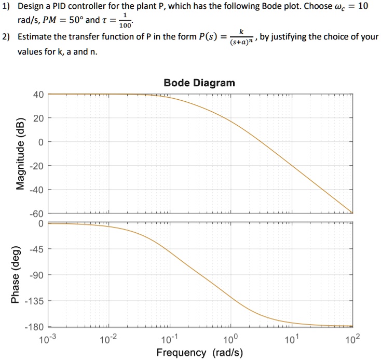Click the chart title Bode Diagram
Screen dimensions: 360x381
coord(199,83)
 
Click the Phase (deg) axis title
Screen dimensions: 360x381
coord(16,274)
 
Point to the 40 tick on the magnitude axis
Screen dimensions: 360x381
coord(37,95)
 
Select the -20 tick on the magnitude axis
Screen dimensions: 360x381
coord(36,166)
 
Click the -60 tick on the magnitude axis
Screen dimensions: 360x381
coord(36,214)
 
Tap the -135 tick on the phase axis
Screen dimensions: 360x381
coord(34,301)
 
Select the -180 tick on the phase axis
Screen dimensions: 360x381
coord(34,327)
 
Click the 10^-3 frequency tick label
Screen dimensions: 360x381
coord(48,339)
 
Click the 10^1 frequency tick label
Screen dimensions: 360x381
coord(291,339)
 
